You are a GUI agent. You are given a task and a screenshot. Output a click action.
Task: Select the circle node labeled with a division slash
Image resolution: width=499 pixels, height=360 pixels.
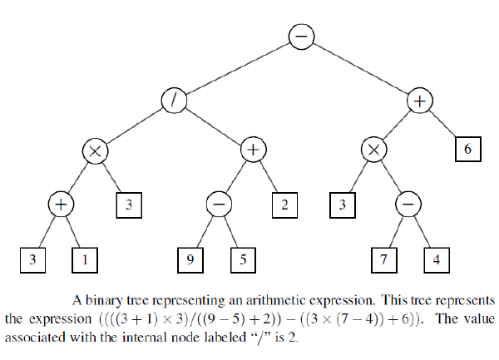pyautogui.click(x=175, y=99)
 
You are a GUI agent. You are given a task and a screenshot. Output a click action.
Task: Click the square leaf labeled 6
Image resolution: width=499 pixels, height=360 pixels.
pyautogui.click(x=467, y=150)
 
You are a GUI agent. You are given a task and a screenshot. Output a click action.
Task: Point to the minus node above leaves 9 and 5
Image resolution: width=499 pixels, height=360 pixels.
pyautogui.click(x=218, y=205)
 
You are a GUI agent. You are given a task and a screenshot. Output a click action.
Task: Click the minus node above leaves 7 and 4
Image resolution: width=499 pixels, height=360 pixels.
pyautogui.click(x=408, y=205)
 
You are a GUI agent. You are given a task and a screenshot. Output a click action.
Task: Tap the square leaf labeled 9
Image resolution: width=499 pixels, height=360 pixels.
pyautogui.click(x=190, y=259)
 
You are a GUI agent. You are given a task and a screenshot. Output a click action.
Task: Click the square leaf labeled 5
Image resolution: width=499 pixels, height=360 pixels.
pyautogui.click(x=243, y=259)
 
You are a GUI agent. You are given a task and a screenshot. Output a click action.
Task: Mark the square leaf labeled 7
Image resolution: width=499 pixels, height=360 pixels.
pyautogui.click(x=383, y=259)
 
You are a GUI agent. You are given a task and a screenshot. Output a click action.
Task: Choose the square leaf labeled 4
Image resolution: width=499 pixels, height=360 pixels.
pyautogui.click(x=437, y=259)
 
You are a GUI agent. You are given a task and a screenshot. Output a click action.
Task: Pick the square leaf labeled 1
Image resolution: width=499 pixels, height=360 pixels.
pyautogui.click(x=84, y=259)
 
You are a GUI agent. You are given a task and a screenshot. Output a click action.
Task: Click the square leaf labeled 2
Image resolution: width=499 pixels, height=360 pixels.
pyautogui.click(x=284, y=205)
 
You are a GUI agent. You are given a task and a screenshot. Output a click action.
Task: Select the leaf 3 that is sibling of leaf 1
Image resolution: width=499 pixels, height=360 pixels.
pyautogui.click(x=32, y=259)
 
